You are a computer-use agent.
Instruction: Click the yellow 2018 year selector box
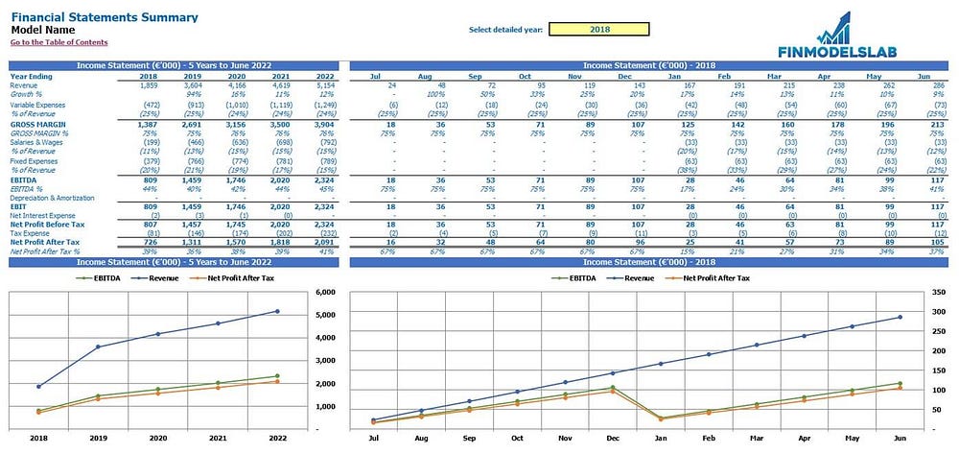click(x=599, y=29)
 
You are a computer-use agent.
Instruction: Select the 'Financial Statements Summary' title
click(x=105, y=17)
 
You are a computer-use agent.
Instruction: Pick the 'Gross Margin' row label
click(x=37, y=125)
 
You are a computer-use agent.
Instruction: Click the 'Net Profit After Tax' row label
click(x=47, y=243)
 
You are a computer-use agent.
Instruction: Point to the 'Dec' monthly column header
click(x=623, y=75)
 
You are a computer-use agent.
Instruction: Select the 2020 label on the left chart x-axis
click(x=159, y=437)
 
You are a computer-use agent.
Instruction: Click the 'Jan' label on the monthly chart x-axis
click(x=660, y=437)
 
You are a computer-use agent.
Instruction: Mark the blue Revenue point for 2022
click(x=278, y=311)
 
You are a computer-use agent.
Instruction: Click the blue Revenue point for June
click(x=900, y=317)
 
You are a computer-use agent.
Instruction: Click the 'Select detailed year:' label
click(x=505, y=30)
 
